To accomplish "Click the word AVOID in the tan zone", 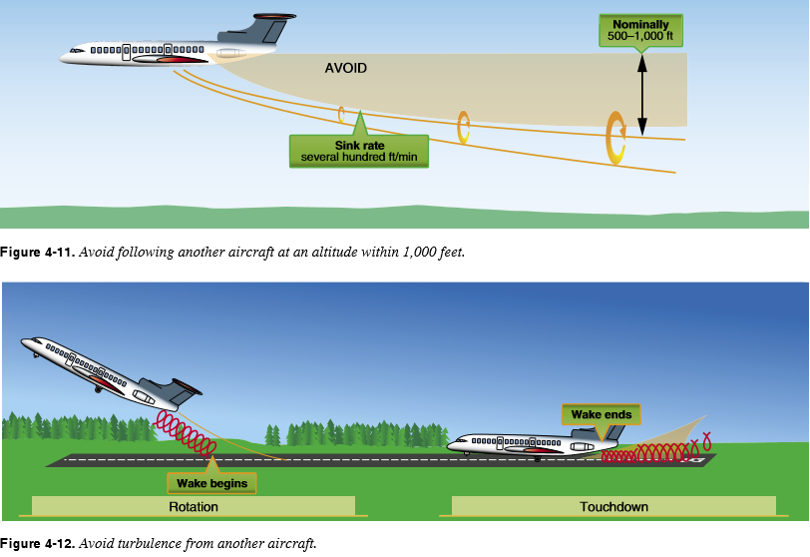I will tap(346, 69).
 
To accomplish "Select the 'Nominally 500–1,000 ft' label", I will tap(640, 29).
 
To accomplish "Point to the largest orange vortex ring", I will tap(615, 138).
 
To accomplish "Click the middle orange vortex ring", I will tap(463, 127).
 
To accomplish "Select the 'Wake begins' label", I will tap(211, 483).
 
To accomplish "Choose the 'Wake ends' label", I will tap(601, 413).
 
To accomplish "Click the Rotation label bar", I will tap(194, 506).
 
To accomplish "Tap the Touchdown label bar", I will tap(613, 506).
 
